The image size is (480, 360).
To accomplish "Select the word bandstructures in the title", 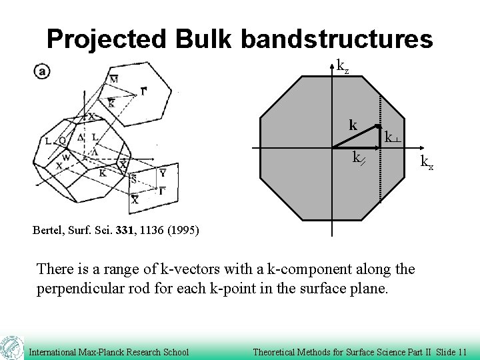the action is (x=337, y=39).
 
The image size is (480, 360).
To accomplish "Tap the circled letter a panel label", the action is (x=42, y=71).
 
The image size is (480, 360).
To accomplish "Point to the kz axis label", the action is (x=342, y=66).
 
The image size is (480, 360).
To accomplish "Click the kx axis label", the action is (x=426, y=162).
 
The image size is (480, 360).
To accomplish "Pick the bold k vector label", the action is (x=353, y=125).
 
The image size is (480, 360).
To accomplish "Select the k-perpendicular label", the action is (x=392, y=137).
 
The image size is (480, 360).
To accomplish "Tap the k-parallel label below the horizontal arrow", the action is (x=358, y=158).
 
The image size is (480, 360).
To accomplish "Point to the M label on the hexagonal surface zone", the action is (x=114, y=79).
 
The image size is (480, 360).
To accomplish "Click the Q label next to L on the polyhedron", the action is (x=61, y=140).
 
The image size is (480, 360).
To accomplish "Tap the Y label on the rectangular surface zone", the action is (x=163, y=173).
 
